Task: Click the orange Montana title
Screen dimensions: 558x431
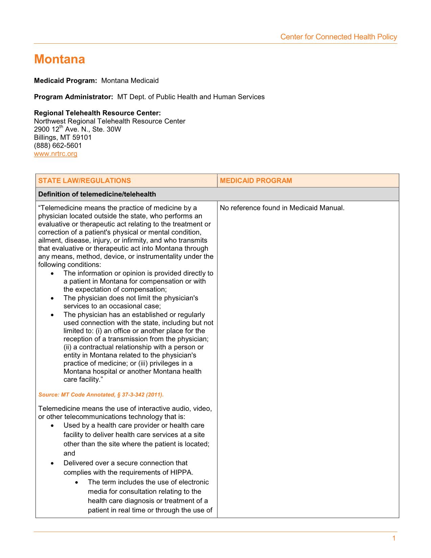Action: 59,60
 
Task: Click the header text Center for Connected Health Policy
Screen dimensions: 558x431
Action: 338,37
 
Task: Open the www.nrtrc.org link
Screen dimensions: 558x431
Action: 56,154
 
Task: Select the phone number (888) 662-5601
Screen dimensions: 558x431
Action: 58,146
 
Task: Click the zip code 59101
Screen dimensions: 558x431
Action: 82,138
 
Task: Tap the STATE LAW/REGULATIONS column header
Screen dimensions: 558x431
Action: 85,181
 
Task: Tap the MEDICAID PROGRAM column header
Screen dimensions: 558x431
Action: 256,181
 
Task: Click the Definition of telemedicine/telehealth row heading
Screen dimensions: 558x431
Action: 97,194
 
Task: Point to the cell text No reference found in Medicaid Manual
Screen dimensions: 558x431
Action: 282,208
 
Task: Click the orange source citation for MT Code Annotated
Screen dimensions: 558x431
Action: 101,395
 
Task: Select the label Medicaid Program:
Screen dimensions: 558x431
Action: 66,81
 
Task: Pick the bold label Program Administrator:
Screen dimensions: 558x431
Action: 73,97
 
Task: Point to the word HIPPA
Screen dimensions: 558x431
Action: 183,472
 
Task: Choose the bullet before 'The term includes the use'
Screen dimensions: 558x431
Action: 76,483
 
